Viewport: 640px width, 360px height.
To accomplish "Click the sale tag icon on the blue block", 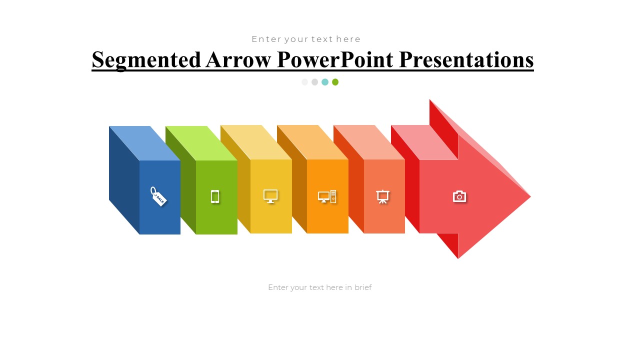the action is (x=158, y=196).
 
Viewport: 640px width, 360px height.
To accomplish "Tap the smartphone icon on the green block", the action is (x=215, y=196).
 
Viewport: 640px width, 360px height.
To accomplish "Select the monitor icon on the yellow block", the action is (x=270, y=196).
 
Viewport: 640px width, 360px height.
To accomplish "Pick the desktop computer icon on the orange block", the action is (x=327, y=196).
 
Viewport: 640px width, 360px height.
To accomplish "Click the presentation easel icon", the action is (x=382, y=196).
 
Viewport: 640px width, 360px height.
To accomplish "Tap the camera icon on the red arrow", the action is (x=459, y=196).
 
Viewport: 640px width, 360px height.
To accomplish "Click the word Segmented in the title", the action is (x=146, y=60).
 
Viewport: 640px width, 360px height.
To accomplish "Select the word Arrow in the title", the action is (x=238, y=59).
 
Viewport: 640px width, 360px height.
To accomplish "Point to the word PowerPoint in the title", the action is (x=335, y=59).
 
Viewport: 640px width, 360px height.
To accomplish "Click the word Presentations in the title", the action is (x=466, y=60).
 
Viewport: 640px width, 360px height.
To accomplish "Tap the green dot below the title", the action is (x=335, y=82).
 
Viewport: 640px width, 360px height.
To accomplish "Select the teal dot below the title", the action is (x=325, y=82).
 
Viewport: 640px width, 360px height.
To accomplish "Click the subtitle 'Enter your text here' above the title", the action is (x=306, y=39).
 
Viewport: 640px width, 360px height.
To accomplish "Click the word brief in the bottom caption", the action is (x=363, y=287).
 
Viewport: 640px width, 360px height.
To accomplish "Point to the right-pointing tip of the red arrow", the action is (x=530, y=196).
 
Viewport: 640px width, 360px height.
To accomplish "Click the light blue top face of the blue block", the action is (x=144, y=143).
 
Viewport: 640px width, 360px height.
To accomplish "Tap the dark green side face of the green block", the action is (x=181, y=180).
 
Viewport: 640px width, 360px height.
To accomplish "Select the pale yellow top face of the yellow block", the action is (x=256, y=142).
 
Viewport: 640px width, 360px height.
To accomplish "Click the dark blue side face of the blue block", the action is (x=124, y=180).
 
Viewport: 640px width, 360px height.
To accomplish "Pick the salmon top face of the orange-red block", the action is (x=369, y=142).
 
